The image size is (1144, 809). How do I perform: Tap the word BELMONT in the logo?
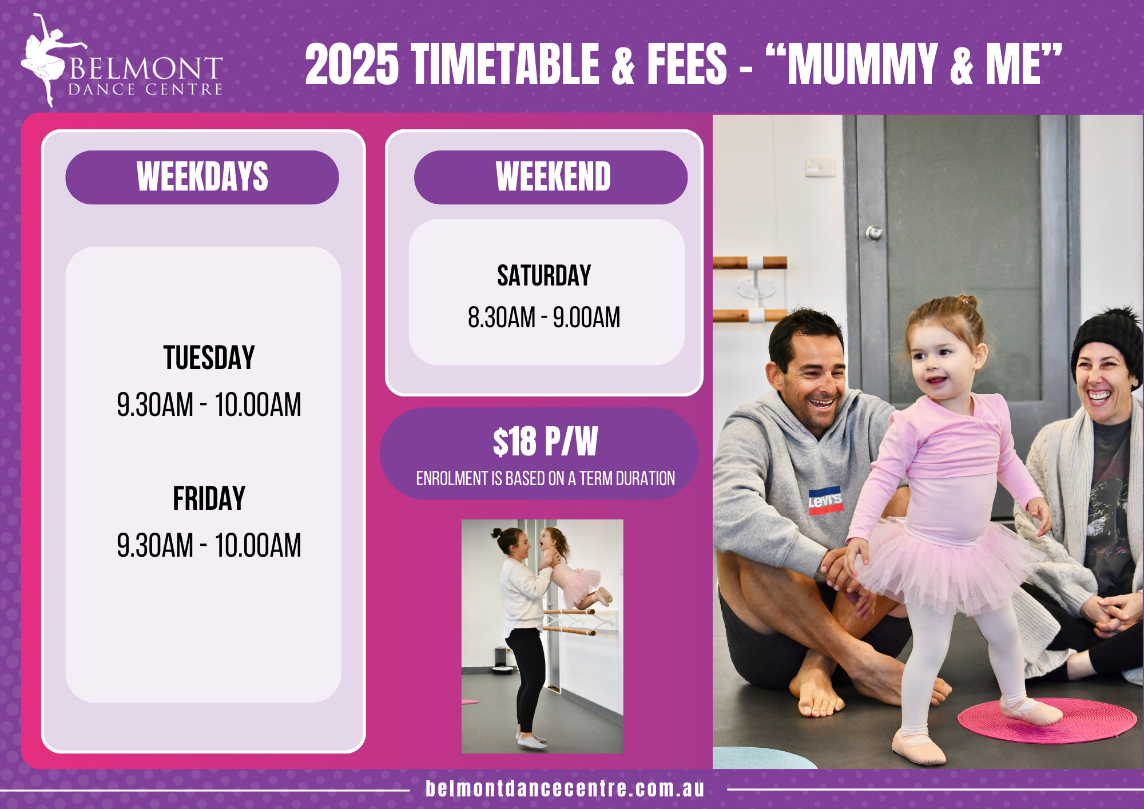146,69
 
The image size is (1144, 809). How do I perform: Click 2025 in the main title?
352,64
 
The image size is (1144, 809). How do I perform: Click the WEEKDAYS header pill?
202,177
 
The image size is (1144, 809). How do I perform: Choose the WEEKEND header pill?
550,177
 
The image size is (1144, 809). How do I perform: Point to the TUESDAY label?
209,358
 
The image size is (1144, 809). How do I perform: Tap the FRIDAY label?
209,498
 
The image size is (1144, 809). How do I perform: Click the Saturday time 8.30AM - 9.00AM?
544,318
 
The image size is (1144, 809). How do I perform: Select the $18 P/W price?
545,442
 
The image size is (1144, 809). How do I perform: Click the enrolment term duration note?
545,478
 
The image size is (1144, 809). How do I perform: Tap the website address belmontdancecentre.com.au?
565,788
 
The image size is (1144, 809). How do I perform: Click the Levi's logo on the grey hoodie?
825,501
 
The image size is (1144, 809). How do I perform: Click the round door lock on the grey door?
874,233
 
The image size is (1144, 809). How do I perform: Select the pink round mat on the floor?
1047,720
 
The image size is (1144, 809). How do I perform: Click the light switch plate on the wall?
820,167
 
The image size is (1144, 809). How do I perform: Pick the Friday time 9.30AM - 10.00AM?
209,545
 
